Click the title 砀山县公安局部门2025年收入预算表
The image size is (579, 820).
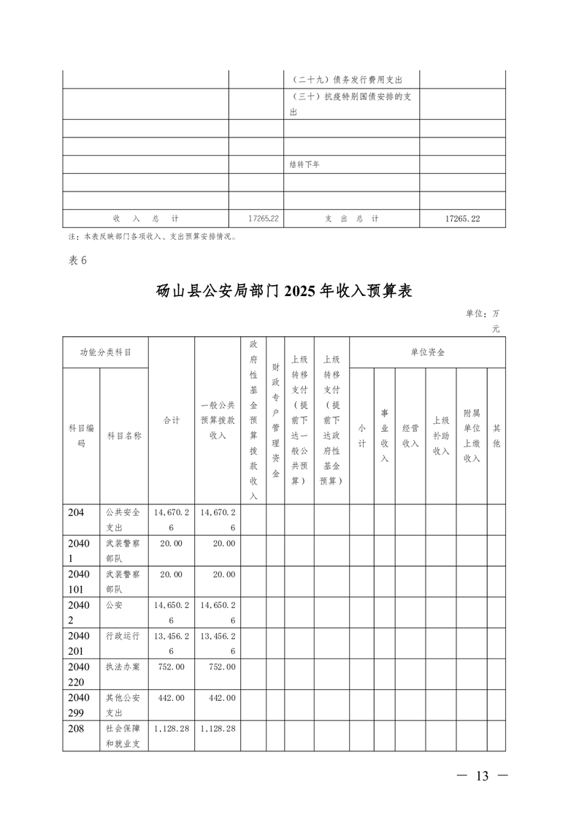pyautogui.click(x=285, y=291)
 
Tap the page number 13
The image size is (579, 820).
pyautogui.click(x=481, y=775)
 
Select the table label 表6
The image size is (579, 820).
pyautogui.click(x=77, y=261)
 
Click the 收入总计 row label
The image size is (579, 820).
pyautogui.click(x=145, y=219)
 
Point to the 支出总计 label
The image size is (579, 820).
pyautogui.click(x=351, y=219)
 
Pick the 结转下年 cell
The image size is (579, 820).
pyautogui.click(x=304, y=164)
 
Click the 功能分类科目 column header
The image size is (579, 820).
pyautogui.click(x=106, y=352)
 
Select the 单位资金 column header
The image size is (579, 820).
pyautogui.click(x=427, y=352)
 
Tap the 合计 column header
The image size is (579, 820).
pyautogui.click(x=172, y=420)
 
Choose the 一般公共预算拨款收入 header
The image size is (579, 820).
pyautogui.click(x=218, y=420)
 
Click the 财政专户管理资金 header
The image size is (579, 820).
pyautogui.click(x=275, y=420)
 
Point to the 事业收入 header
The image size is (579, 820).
pyautogui.click(x=384, y=436)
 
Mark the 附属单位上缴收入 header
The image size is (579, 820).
pyautogui.click(x=472, y=436)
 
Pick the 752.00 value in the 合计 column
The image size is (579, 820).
pyautogui.click(x=171, y=667)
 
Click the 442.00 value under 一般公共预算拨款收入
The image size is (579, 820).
pyautogui.click(x=218, y=698)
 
